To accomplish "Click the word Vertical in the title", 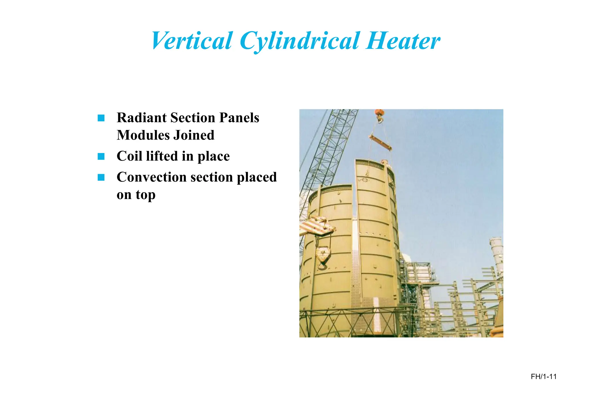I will [x=191, y=41].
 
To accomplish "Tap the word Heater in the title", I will [x=403, y=41].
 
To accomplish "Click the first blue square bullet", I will [x=101, y=118].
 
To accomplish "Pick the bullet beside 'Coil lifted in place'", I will [x=101, y=156].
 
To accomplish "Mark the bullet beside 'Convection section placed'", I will [x=101, y=177].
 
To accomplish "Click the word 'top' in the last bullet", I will [x=146, y=195].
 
